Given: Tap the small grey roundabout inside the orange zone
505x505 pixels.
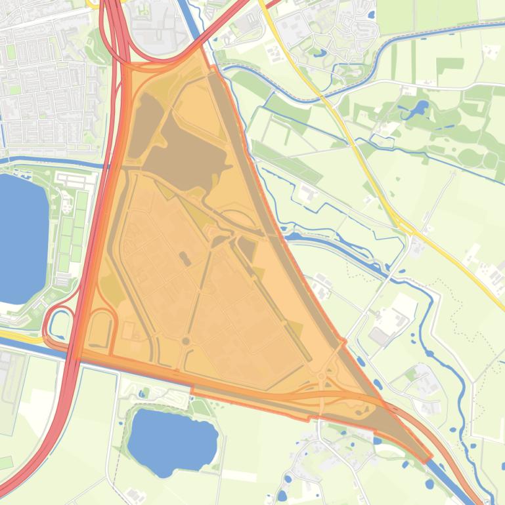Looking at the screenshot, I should point(186,341).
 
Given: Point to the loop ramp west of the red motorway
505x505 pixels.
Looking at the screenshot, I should point(59,323).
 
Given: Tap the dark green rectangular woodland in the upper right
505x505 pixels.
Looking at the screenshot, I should point(450,65).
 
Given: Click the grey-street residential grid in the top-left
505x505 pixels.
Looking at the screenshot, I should point(46,85).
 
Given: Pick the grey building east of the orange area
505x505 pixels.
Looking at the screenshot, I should point(380,336).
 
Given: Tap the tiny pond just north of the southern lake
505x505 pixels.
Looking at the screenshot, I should point(144,393).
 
